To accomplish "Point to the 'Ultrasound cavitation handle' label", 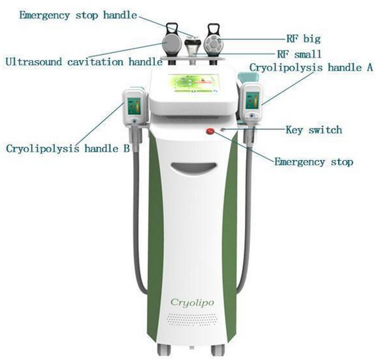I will coord(83,62).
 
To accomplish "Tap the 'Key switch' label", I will coord(313,130).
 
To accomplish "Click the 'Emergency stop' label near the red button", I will coord(314,161).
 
